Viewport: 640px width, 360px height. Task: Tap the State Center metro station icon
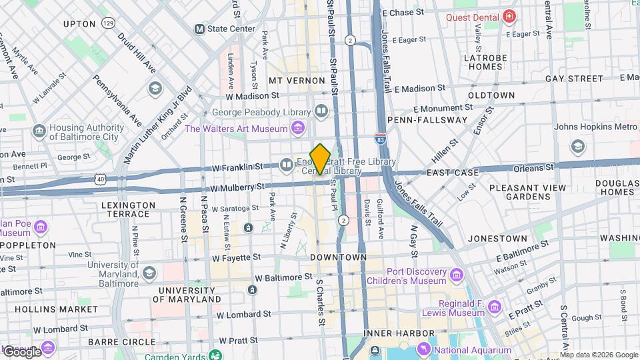click(x=199, y=29)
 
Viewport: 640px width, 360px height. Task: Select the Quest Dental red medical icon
click(x=509, y=15)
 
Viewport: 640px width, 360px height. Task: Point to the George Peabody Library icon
click(x=321, y=111)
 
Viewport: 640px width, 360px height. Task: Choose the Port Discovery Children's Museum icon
click(x=457, y=275)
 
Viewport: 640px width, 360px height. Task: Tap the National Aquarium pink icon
click(x=424, y=349)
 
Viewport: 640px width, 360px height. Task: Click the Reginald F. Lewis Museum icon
click(x=494, y=307)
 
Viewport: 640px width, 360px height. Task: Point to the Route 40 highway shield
click(x=99, y=179)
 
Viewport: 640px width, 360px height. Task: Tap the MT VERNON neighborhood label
click(x=297, y=80)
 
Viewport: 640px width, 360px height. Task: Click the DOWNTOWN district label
click(x=339, y=257)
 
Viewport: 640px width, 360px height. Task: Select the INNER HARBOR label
click(x=390, y=333)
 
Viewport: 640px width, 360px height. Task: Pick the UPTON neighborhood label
click(x=79, y=23)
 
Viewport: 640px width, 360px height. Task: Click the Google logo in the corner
click(x=21, y=351)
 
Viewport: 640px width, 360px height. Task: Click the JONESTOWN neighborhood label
click(x=497, y=238)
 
